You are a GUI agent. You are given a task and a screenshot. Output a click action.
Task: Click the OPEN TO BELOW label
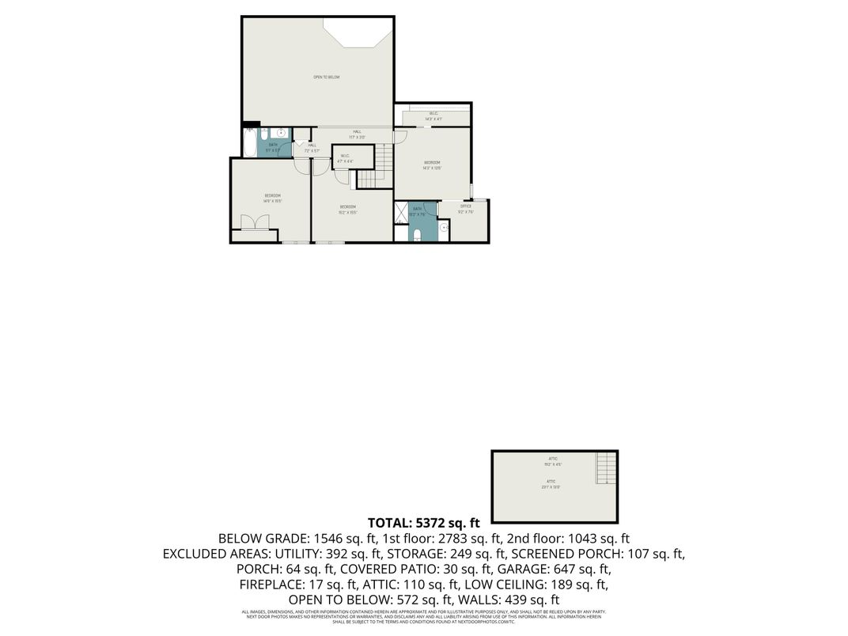point(326,77)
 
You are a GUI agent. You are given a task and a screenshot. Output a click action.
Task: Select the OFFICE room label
point(466,209)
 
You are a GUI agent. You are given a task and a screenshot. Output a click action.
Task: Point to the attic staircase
point(605,468)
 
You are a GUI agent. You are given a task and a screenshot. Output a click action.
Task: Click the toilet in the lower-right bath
point(416,234)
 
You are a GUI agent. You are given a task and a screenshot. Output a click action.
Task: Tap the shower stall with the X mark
point(400,214)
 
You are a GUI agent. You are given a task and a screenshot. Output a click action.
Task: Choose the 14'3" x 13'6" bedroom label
point(431,165)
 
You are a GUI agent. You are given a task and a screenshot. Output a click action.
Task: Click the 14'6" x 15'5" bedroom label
point(272,198)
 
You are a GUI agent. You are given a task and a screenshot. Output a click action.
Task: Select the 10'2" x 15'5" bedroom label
point(348,209)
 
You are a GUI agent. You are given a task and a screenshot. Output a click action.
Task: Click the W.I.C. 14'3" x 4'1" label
point(433,115)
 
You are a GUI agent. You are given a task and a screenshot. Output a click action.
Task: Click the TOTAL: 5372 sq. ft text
point(423,523)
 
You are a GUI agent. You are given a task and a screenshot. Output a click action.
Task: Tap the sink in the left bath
point(281,134)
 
